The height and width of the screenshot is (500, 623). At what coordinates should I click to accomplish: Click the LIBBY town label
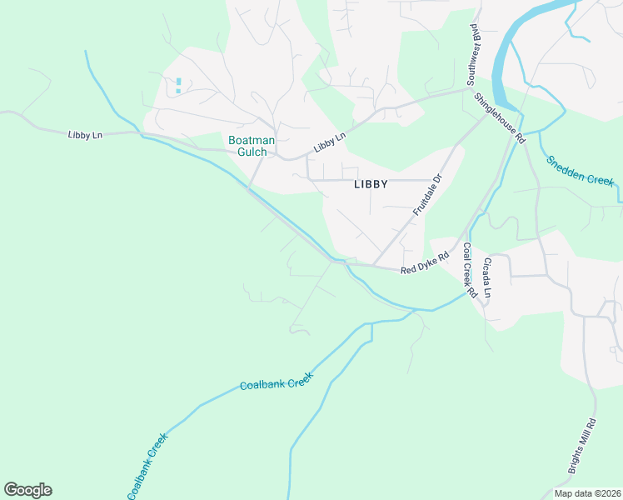point(371,184)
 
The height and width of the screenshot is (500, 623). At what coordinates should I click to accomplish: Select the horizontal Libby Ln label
point(85,134)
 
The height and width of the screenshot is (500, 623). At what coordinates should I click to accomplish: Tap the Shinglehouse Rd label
point(500,117)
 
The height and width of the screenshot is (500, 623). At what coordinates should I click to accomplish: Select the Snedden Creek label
point(580,170)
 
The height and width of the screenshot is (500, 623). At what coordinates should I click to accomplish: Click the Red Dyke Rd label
point(425,263)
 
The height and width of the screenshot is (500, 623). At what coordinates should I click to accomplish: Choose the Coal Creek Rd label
point(469,271)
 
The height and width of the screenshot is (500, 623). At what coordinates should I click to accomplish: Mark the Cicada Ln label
point(487,278)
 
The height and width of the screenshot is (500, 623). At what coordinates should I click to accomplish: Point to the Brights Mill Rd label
point(582,446)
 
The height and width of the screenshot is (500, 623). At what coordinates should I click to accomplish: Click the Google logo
point(27,490)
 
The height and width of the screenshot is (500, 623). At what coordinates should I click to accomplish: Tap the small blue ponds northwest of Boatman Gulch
point(178,84)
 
